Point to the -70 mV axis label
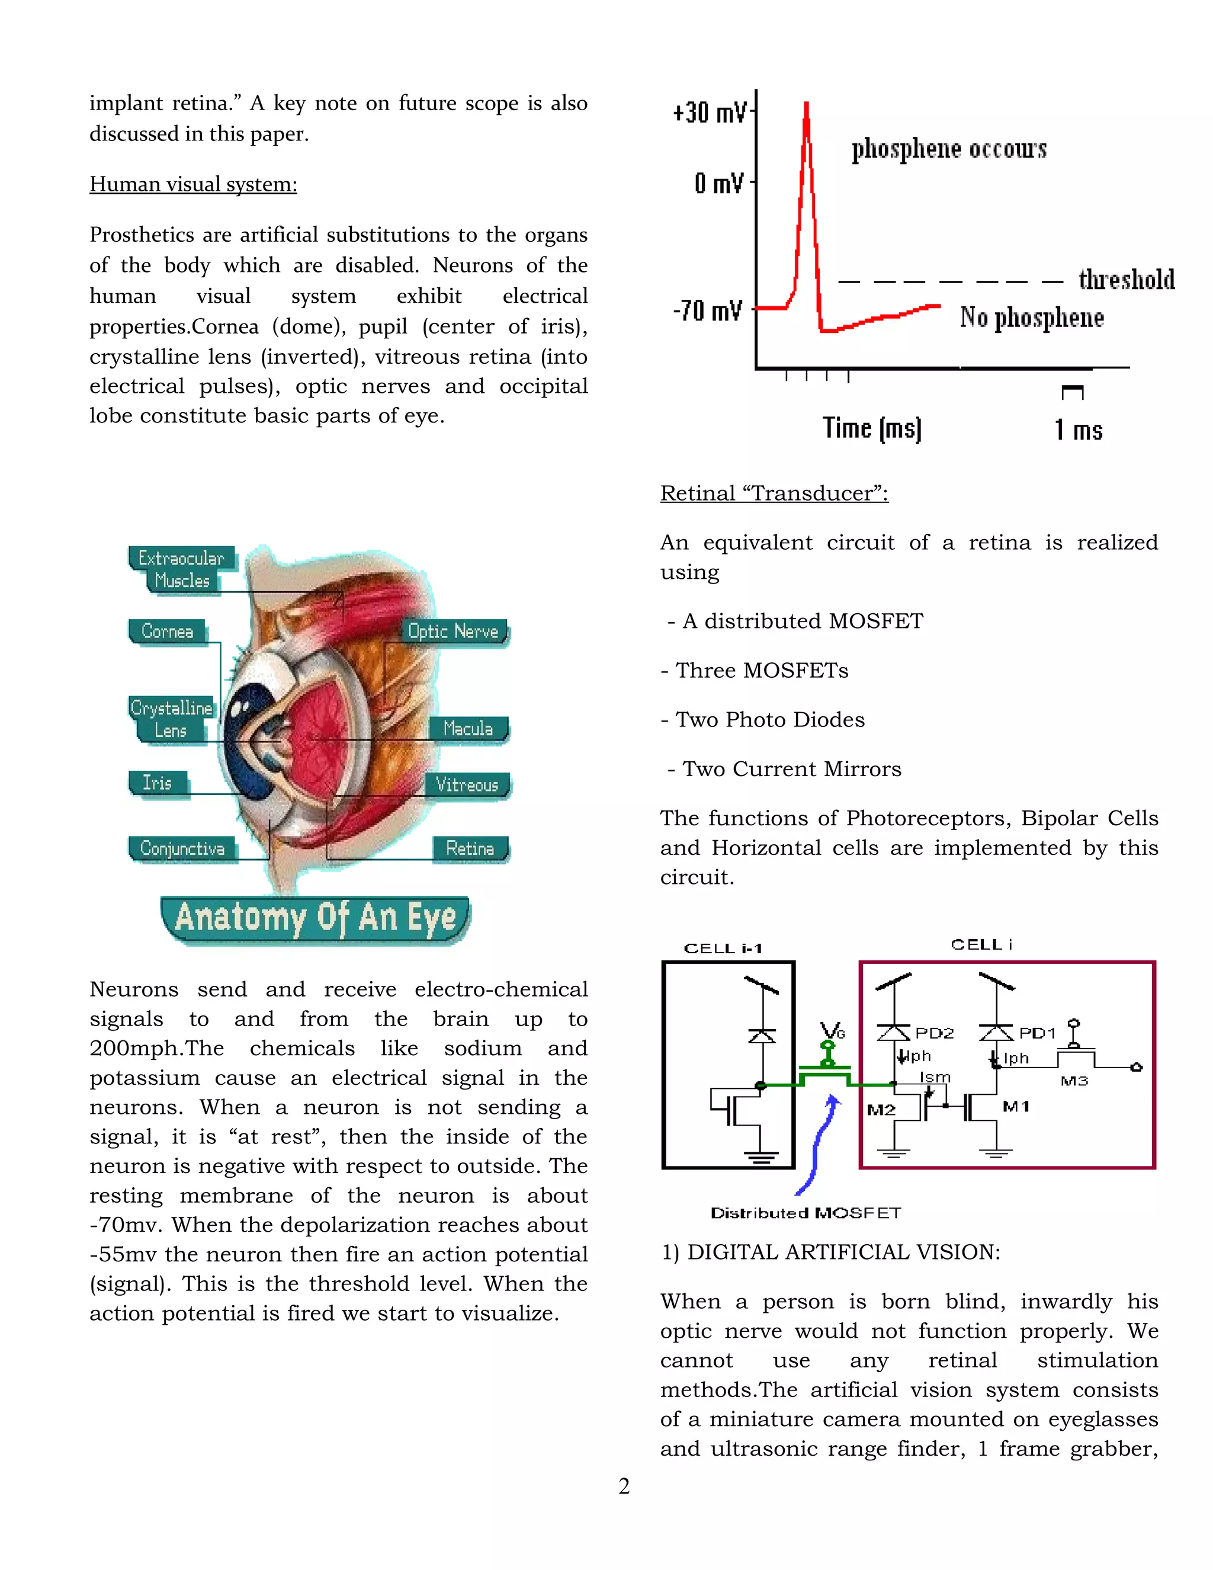point(707,310)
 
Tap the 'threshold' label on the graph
point(1126,280)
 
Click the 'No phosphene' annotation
point(1032,317)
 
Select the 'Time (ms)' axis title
point(872,428)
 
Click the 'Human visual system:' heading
point(193,184)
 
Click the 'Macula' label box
point(468,728)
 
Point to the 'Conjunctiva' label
point(182,848)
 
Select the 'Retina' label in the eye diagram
point(470,848)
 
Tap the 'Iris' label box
point(158,782)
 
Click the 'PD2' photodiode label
point(934,1033)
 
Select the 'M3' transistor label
point(1074,1081)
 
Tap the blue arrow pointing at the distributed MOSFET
point(819,1143)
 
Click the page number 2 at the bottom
point(624,1486)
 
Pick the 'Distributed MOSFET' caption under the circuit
point(806,1213)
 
